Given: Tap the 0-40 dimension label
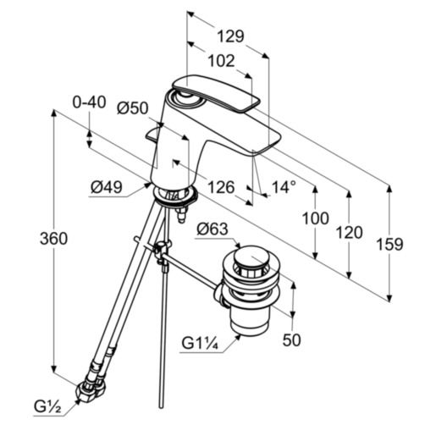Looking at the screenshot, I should [89, 102].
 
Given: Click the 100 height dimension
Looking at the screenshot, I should [315, 218].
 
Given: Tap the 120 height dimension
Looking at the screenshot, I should [348, 232].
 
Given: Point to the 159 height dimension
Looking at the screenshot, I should [389, 244].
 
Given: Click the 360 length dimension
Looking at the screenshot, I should [53, 240].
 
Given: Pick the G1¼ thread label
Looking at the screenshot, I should [200, 344].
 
